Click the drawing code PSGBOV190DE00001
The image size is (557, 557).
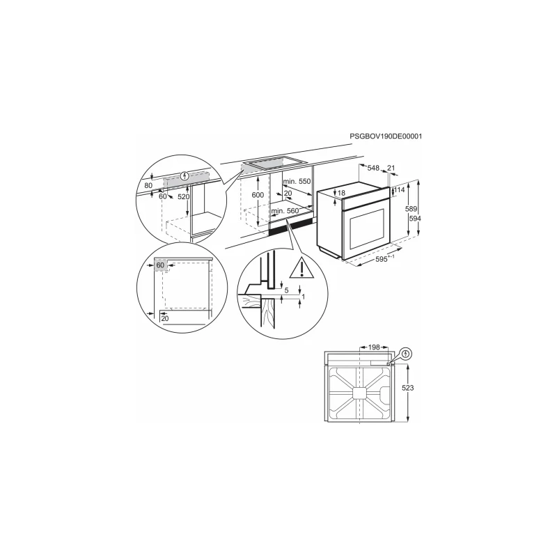point(386,136)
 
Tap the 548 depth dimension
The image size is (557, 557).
point(373,168)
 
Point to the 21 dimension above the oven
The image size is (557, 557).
point(391,168)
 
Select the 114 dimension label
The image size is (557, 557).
point(399,190)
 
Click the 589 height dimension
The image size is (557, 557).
point(411,209)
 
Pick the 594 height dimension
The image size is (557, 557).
point(415,219)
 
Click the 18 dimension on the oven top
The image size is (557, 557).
point(341,193)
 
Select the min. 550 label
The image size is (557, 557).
point(297,181)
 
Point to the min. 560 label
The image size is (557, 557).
point(285,211)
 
